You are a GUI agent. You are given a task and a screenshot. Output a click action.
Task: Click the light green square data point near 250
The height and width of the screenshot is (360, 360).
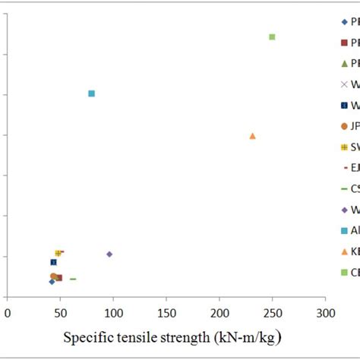(272, 36)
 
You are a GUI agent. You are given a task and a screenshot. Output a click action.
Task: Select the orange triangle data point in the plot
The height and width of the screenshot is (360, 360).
(252, 136)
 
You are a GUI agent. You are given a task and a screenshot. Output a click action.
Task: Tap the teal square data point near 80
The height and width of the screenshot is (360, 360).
(91, 93)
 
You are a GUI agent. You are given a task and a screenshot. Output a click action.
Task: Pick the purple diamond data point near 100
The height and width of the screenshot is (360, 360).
(109, 254)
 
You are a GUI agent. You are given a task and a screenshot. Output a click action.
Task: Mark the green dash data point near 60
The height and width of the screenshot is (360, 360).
(73, 279)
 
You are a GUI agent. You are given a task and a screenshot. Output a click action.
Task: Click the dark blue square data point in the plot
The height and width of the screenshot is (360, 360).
(53, 262)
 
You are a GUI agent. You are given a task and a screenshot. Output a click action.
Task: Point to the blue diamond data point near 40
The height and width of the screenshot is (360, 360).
(52, 282)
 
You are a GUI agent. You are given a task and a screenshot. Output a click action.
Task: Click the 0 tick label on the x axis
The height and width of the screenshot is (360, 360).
(8, 311)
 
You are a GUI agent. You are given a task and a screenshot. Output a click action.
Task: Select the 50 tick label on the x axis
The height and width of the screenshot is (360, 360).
(60, 311)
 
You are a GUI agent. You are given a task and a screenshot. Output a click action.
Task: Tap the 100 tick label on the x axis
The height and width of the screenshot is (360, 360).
(113, 311)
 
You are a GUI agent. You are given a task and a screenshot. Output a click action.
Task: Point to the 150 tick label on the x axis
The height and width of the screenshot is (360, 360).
(166, 311)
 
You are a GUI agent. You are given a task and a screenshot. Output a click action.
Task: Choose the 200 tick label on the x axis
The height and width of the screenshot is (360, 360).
(219, 311)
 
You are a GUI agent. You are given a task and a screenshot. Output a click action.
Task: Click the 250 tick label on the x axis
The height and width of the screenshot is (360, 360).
(273, 311)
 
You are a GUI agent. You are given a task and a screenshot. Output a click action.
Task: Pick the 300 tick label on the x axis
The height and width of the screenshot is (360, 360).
(325, 311)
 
